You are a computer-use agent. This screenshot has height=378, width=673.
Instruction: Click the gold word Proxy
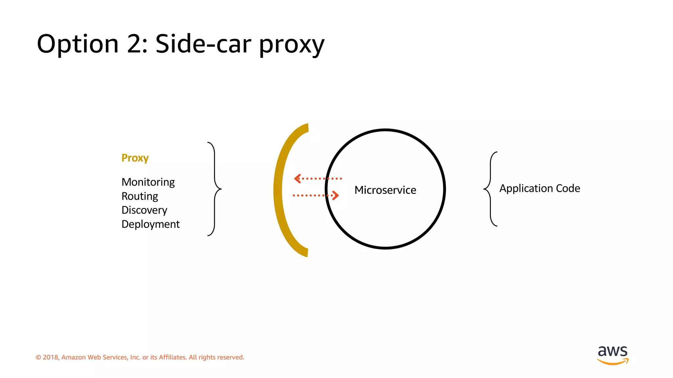pos(135,158)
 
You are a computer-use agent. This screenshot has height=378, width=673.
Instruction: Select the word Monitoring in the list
pos(148,182)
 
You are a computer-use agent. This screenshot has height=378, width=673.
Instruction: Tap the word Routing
pos(140,196)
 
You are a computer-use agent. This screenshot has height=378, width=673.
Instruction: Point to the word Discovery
pos(144,210)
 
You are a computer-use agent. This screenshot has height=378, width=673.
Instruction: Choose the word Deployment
pos(151,224)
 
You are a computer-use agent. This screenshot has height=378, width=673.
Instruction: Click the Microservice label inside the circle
pos(385,190)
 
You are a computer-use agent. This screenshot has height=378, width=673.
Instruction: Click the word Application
pos(526,188)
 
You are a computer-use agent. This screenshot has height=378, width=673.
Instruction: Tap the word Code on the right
pos(568,188)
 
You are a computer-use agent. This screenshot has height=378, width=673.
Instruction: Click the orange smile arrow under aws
pos(613,362)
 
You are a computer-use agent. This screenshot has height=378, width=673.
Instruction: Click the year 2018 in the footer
pos(51,357)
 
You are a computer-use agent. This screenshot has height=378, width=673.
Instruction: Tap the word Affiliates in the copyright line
pos(173,357)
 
